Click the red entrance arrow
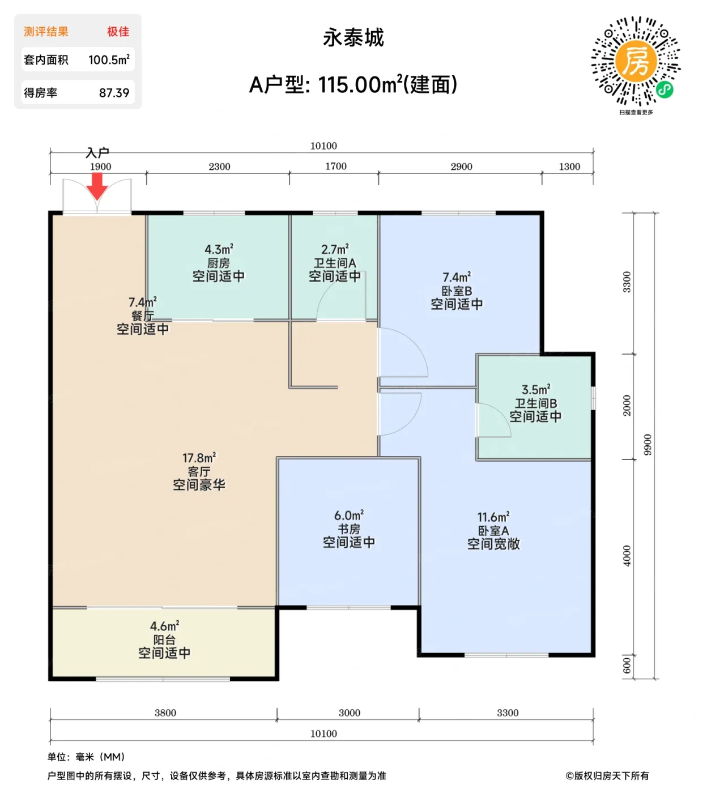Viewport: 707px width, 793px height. pyautogui.click(x=97, y=186)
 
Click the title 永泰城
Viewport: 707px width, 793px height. pyautogui.click(x=353, y=38)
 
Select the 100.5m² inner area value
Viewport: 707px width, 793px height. pyautogui.click(x=109, y=59)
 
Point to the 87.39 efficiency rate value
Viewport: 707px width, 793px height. pyautogui.click(x=114, y=93)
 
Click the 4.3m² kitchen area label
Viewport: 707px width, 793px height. pyautogui.click(x=219, y=249)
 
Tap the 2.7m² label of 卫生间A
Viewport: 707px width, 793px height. pyautogui.click(x=335, y=249)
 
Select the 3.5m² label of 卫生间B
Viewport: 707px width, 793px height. pyautogui.click(x=535, y=390)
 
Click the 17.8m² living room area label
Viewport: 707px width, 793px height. pyautogui.click(x=199, y=458)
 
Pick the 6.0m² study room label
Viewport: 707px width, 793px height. pyautogui.click(x=348, y=515)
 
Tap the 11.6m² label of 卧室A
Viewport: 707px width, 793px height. pyautogui.click(x=493, y=517)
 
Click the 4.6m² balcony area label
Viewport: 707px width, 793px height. pyautogui.click(x=164, y=626)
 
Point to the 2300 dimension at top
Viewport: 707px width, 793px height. pyautogui.click(x=219, y=167)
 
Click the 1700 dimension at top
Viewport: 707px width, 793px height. pyautogui.click(x=335, y=166)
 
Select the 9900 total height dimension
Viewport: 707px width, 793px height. pyautogui.click(x=648, y=445)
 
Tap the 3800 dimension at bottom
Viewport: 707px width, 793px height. pyautogui.click(x=165, y=713)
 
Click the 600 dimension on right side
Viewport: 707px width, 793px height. pyautogui.click(x=627, y=666)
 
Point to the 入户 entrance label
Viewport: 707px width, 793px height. pyautogui.click(x=97, y=152)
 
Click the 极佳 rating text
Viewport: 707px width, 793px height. pyautogui.click(x=118, y=32)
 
